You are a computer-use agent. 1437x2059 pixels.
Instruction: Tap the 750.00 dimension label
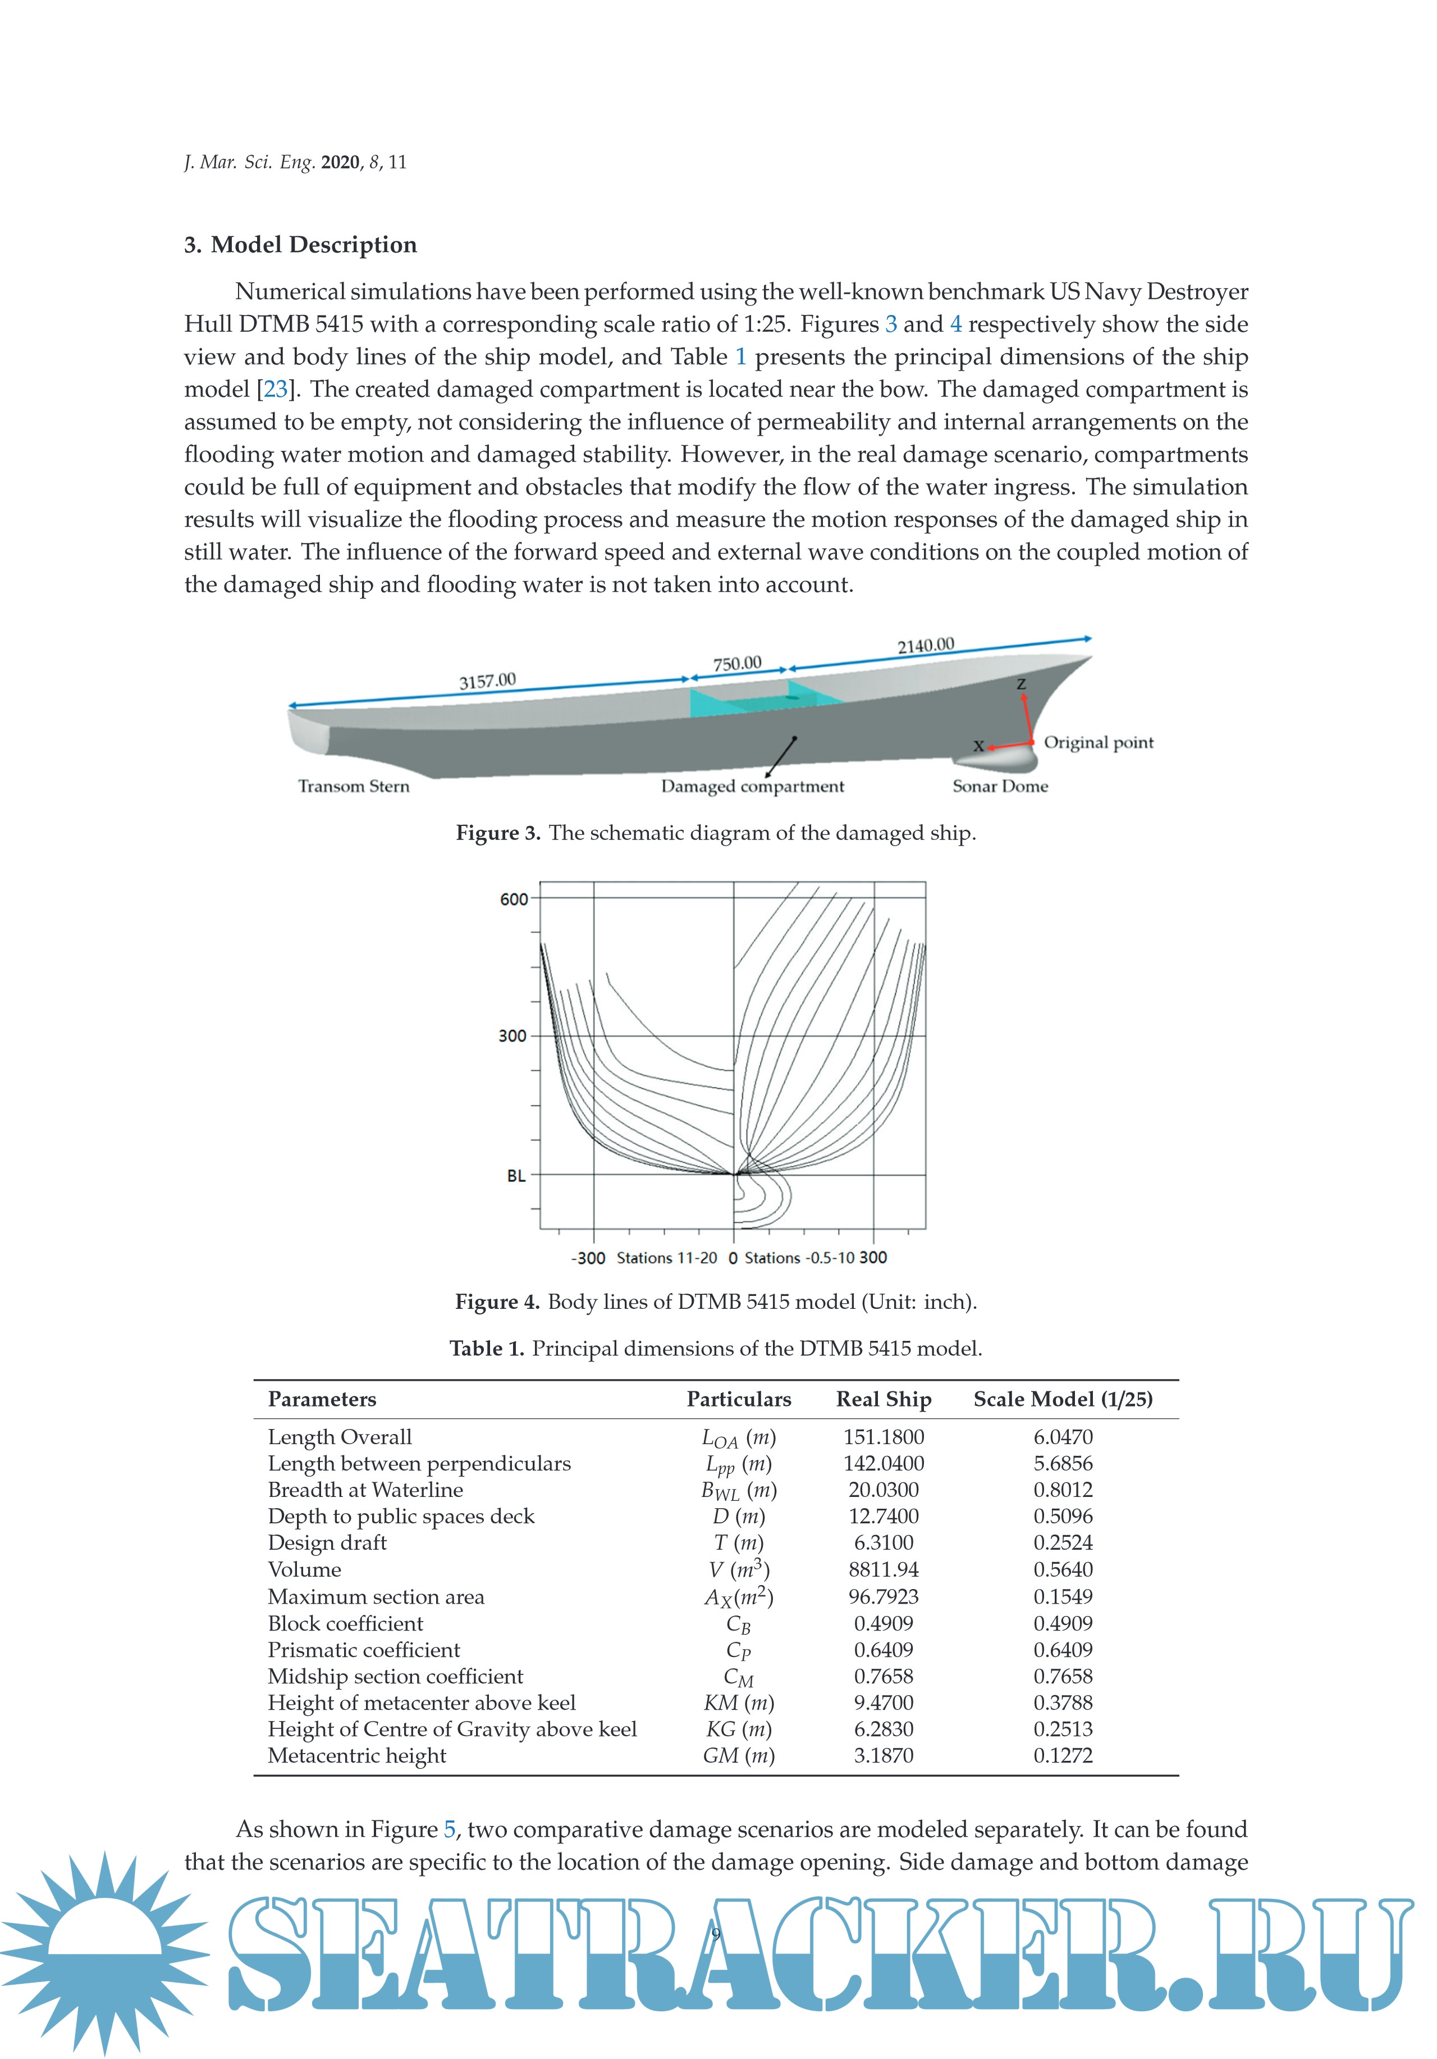[x=737, y=664]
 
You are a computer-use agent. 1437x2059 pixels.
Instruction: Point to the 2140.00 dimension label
[x=926, y=646]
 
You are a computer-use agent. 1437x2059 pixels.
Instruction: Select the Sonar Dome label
[x=1000, y=787]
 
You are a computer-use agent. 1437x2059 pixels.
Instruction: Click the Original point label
[x=1098, y=742]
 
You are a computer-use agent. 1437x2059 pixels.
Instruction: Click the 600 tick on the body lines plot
[x=514, y=900]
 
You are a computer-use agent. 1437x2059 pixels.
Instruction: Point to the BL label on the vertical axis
[x=516, y=1176]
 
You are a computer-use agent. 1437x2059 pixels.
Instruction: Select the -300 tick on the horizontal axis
[x=588, y=1258]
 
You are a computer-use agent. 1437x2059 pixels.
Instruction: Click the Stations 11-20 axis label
[x=667, y=1258]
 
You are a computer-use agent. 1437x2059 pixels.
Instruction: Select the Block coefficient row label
[x=345, y=1623]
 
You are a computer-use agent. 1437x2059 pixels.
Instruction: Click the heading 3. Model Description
[x=300, y=245]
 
